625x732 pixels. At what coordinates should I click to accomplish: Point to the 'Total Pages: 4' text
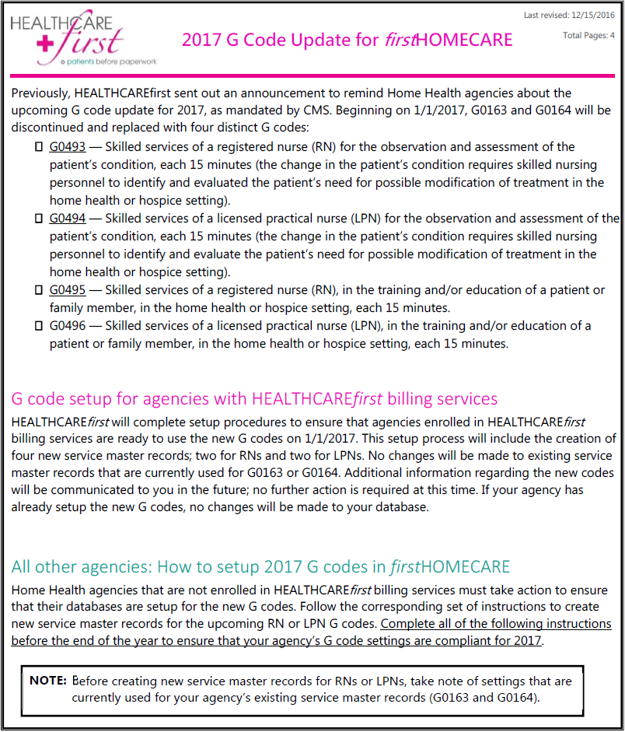point(588,36)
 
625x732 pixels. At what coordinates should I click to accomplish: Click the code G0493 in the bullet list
point(68,146)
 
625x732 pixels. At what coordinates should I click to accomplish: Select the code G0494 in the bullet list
point(68,218)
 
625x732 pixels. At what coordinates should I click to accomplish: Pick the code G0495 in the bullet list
point(68,289)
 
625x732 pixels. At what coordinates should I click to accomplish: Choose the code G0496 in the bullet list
point(68,325)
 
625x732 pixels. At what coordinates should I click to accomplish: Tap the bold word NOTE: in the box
point(48,681)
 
